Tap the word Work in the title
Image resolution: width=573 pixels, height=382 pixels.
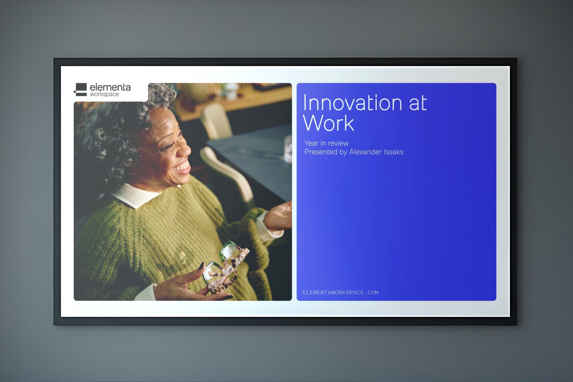pos(328,123)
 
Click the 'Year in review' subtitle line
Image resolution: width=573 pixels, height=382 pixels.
pos(326,143)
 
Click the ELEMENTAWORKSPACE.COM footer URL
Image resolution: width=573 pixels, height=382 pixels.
pos(340,293)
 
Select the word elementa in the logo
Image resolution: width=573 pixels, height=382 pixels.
pos(110,87)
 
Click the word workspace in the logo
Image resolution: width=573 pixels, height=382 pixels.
pos(104,94)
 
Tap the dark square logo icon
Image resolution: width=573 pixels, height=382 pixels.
pos(80,90)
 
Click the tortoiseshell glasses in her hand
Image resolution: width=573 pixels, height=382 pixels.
pos(225,267)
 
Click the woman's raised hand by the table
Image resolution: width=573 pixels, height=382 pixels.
pos(279,215)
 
